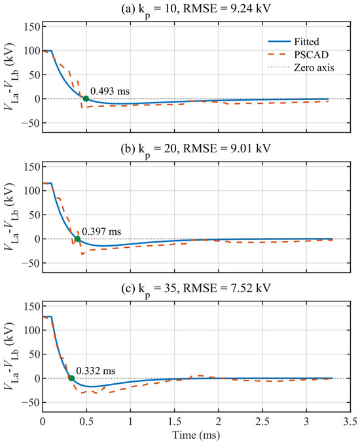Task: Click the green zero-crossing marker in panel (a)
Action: click(x=86, y=99)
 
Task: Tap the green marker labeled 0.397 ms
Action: click(x=77, y=239)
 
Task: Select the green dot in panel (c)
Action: click(x=72, y=379)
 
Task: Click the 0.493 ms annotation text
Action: click(x=110, y=91)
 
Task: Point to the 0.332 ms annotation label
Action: click(x=96, y=371)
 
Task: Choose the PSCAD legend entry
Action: click(x=298, y=55)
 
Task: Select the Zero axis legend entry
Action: click(x=300, y=67)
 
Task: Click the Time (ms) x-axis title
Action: click(x=196, y=435)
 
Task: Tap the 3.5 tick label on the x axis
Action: click(x=350, y=422)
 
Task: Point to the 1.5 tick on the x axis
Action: click(x=174, y=422)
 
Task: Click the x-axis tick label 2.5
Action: click(x=262, y=422)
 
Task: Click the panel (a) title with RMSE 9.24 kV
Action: click(x=196, y=9)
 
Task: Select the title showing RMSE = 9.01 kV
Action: click(x=196, y=148)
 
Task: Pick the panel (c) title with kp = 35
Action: click(x=196, y=288)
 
